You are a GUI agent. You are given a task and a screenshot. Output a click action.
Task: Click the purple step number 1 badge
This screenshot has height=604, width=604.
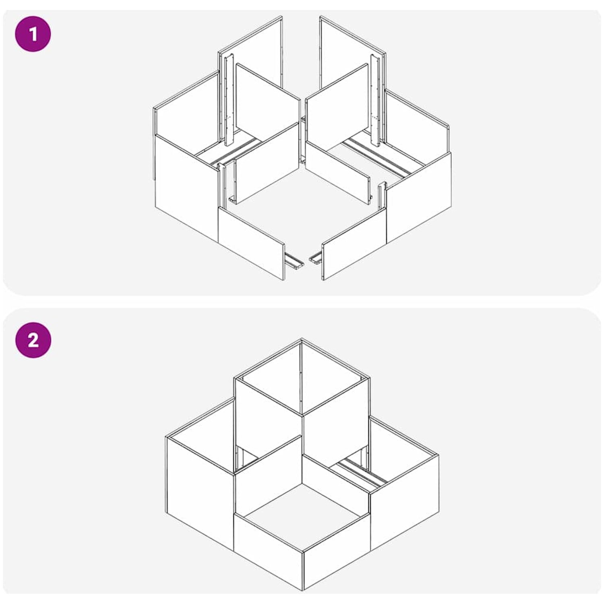click(x=33, y=34)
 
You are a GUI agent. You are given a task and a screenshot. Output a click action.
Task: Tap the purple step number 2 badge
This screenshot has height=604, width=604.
click(x=33, y=340)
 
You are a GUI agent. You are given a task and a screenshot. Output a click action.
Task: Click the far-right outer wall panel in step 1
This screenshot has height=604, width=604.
click(x=419, y=197)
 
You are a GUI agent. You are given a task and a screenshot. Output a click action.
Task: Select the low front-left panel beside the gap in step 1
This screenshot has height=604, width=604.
click(x=251, y=243)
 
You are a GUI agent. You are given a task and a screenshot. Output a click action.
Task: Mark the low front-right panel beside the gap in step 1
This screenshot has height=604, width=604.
click(x=354, y=244)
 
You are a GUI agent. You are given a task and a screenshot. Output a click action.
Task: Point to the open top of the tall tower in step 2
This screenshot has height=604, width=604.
click(x=302, y=377)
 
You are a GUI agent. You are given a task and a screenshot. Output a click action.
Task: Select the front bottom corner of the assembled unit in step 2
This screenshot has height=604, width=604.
click(x=303, y=590)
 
